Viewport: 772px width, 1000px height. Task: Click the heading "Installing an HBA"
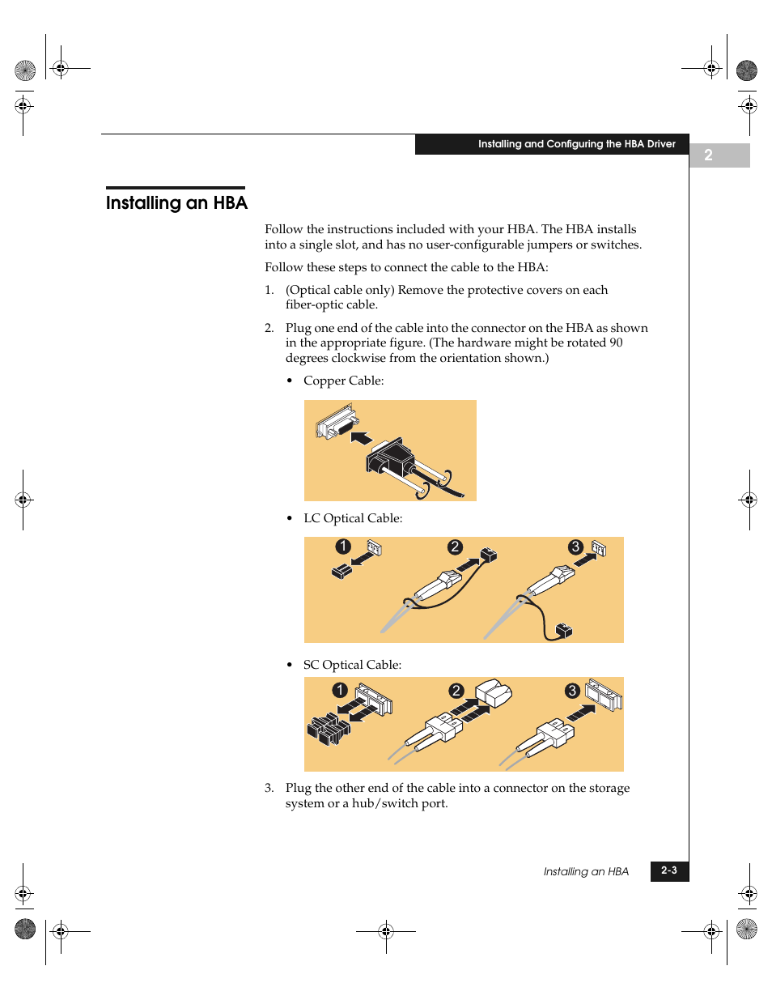176,202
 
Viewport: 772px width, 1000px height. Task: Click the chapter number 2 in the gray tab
708,155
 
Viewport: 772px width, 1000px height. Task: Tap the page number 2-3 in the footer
669,870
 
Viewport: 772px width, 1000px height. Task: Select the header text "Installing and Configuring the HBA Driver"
576,144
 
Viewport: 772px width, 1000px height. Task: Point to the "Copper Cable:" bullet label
343,381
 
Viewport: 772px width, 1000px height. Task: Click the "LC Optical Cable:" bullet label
353,518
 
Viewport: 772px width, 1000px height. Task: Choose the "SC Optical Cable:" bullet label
352,665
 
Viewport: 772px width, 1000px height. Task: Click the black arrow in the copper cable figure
361,438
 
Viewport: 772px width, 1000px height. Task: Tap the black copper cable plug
391,458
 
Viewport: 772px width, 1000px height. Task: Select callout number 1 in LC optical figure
343,547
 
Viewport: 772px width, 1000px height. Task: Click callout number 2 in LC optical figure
455,547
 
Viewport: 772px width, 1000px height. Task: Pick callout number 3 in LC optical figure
575,547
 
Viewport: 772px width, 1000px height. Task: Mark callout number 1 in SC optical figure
340,690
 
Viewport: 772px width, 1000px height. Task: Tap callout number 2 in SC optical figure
456,691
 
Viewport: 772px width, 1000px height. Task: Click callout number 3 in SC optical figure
572,691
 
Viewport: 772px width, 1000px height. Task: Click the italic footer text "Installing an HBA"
586,871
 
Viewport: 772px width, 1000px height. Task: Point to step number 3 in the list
269,788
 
